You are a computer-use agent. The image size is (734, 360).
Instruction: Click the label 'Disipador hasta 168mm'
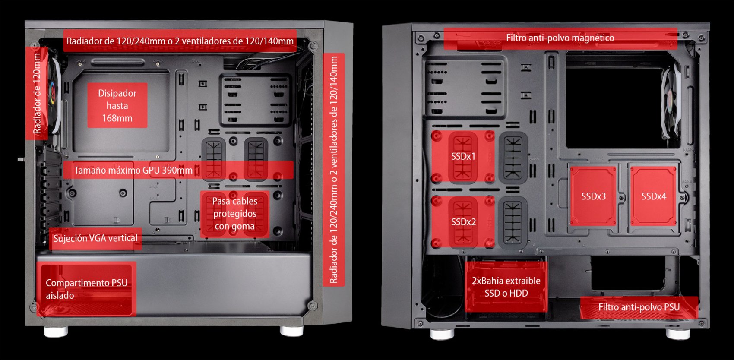point(117,105)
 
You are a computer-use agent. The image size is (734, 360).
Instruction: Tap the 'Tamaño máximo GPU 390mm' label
point(133,170)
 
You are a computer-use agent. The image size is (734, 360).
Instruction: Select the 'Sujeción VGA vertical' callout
point(95,238)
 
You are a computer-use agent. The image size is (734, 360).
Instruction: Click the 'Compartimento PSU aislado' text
point(86,289)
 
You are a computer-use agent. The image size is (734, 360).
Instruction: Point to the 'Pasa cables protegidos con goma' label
point(234,214)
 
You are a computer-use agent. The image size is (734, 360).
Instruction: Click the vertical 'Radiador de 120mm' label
point(37,93)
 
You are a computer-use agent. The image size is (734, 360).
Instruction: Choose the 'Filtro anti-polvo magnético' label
point(560,38)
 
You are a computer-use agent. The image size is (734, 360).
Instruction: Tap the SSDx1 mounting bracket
point(463,156)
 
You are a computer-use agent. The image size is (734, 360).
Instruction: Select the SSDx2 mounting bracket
point(463,222)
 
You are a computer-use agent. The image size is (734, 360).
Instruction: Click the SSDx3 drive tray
point(593,196)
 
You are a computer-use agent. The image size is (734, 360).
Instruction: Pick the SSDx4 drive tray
point(653,196)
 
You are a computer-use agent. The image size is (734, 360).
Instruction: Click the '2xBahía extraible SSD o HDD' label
point(506,287)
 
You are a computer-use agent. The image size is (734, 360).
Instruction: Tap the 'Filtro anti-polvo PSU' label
point(639,307)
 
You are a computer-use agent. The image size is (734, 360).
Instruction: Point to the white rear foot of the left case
point(56,332)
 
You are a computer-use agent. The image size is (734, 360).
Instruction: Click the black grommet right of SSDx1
point(513,158)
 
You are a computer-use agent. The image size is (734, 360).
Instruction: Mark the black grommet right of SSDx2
point(513,222)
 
